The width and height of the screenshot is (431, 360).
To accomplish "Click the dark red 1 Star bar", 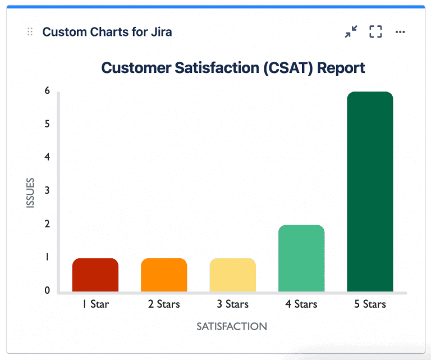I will [x=95, y=275].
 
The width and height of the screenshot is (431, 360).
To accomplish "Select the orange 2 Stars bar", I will [x=164, y=275].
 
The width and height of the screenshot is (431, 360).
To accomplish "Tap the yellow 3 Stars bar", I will [x=233, y=275].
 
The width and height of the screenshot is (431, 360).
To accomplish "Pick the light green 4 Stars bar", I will [x=301, y=258].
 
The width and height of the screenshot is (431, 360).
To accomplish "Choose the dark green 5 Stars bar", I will [x=370, y=192].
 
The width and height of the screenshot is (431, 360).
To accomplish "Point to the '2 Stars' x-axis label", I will [x=164, y=304].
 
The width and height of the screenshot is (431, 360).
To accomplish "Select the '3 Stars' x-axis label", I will [x=233, y=304].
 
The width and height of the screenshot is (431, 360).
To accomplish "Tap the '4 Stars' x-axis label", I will [x=301, y=304].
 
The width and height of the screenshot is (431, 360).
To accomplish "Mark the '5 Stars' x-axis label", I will [x=370, y=304].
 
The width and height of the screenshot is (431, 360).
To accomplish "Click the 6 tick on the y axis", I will [x=47, y=91].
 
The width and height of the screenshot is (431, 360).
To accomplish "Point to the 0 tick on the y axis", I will [x=47, y=291].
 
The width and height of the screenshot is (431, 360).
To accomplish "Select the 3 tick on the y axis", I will [x=47, y=191].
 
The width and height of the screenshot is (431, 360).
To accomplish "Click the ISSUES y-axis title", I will [x=31, y=193].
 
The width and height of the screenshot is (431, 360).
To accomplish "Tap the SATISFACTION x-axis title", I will [x=232, y=326].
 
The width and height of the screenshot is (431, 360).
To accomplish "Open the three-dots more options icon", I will [x=400, y=32].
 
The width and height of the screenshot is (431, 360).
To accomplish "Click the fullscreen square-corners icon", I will [x=375, y=32].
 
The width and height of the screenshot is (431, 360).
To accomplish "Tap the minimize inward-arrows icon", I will [x=351, y=32].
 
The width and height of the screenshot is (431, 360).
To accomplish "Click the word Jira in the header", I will [x=160, y=32].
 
